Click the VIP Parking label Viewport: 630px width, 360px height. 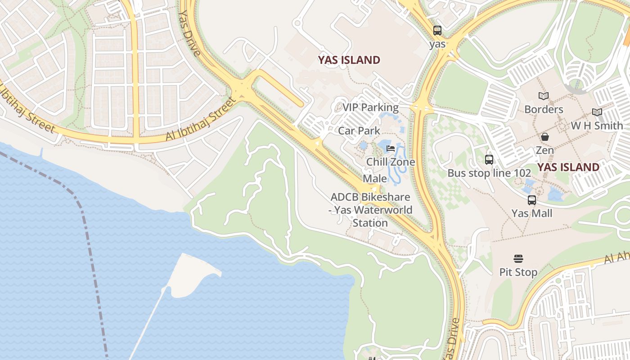pyautogui.click(x=370, y=108)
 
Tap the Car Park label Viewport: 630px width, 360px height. pyautogui.click(x=359, y=131)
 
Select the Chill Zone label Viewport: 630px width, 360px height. pyautogui.click(x=391, y=162)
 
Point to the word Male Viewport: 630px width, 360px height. pyautogui.click(x=374, y=179)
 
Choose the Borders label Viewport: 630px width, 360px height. pyautogui.click(x=544, y=109)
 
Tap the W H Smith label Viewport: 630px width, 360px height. pyautogui.click(x=597, y=126)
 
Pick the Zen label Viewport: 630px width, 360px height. pyautogui.click(x=544, y=150)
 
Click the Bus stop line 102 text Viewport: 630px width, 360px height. pyautogui.click(x=486, y=173)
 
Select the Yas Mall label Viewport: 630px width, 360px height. pyautogui.click(x=532, y=213)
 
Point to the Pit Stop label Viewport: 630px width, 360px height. pyautogui.click(x=518, y=272)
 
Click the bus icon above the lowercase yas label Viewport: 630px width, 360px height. pyautogui.click(x=437, y=31)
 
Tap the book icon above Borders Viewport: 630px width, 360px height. pyautogui.click(x=544, y=96)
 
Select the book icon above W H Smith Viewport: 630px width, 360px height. pyautogui.click(x=597, y=112)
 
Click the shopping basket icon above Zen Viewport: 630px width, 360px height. pyautogui.click(x=544, y=136)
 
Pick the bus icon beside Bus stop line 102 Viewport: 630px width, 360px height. pyautogui.click(x=489, y=159)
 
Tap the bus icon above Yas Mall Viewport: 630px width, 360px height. pyautogui.click(x=532, y=200)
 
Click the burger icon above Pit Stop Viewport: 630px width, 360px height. pyautogui.click(x=518, y=259)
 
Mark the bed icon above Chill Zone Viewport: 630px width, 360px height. pyautogui.click(x=391, y=148)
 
